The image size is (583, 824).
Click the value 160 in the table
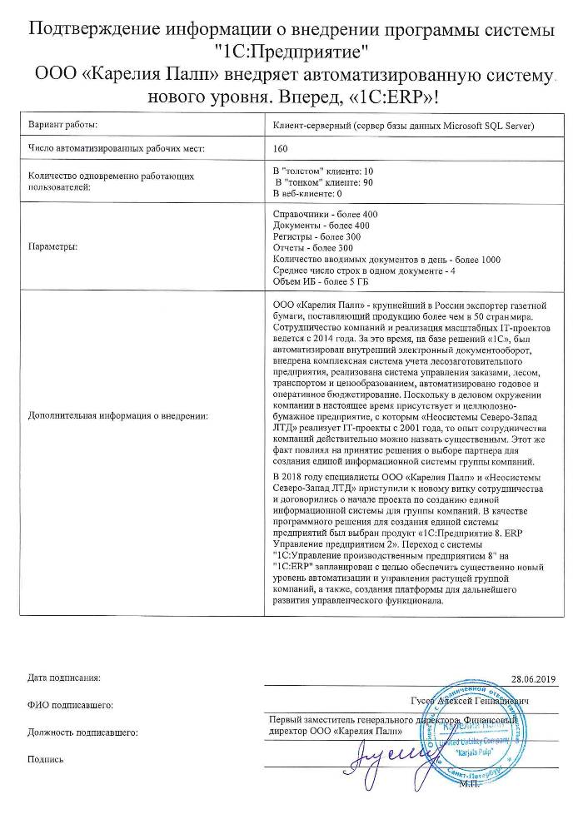tap(282, 149)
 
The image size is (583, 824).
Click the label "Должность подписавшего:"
tap(82, 732)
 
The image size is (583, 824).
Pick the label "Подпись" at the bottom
tap(45, 759)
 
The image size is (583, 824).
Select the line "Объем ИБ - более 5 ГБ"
tap(320, 282)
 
